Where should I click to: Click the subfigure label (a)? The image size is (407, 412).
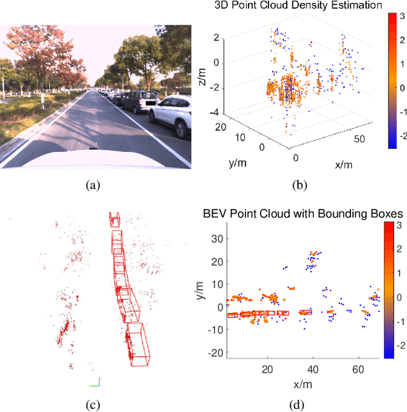pos(93,186)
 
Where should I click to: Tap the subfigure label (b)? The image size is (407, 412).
pos(300,186)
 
